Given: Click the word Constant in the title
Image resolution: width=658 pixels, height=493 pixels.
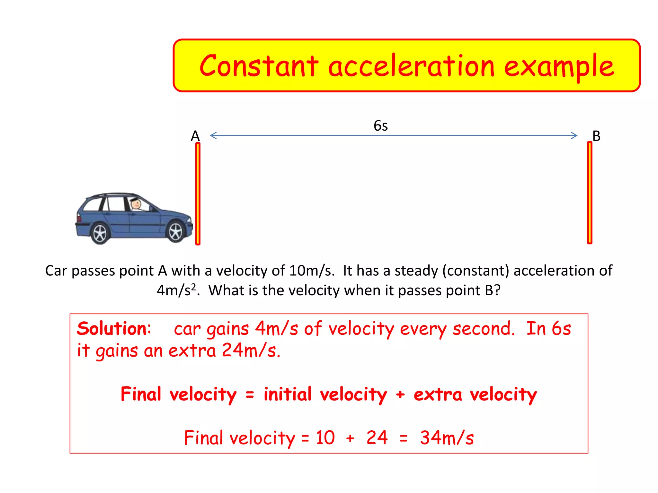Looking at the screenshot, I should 259,66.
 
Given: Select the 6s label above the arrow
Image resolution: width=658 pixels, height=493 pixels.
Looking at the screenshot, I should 381,125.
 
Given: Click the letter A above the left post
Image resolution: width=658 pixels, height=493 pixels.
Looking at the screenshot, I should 195,136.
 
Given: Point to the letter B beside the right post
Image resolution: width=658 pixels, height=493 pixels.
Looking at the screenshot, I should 596,136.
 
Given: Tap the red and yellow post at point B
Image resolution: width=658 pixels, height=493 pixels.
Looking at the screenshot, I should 590,193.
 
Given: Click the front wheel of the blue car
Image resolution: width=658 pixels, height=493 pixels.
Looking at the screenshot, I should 175,231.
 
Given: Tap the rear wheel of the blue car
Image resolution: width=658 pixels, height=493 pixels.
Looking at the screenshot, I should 100,233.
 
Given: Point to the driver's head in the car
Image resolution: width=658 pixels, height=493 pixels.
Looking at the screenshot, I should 136,203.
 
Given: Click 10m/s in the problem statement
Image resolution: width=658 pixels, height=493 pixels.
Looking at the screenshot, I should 311,271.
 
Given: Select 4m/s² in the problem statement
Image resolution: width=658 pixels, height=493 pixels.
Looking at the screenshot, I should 176,290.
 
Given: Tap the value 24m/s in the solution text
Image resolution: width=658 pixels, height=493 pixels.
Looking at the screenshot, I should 251,350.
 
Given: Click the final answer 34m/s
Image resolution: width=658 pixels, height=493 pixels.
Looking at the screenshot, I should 447,438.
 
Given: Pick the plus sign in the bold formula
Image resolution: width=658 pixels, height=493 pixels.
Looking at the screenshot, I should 400,394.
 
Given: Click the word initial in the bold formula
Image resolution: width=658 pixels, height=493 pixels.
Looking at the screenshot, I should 288,394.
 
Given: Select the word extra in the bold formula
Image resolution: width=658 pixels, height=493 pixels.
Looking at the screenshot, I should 438,394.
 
